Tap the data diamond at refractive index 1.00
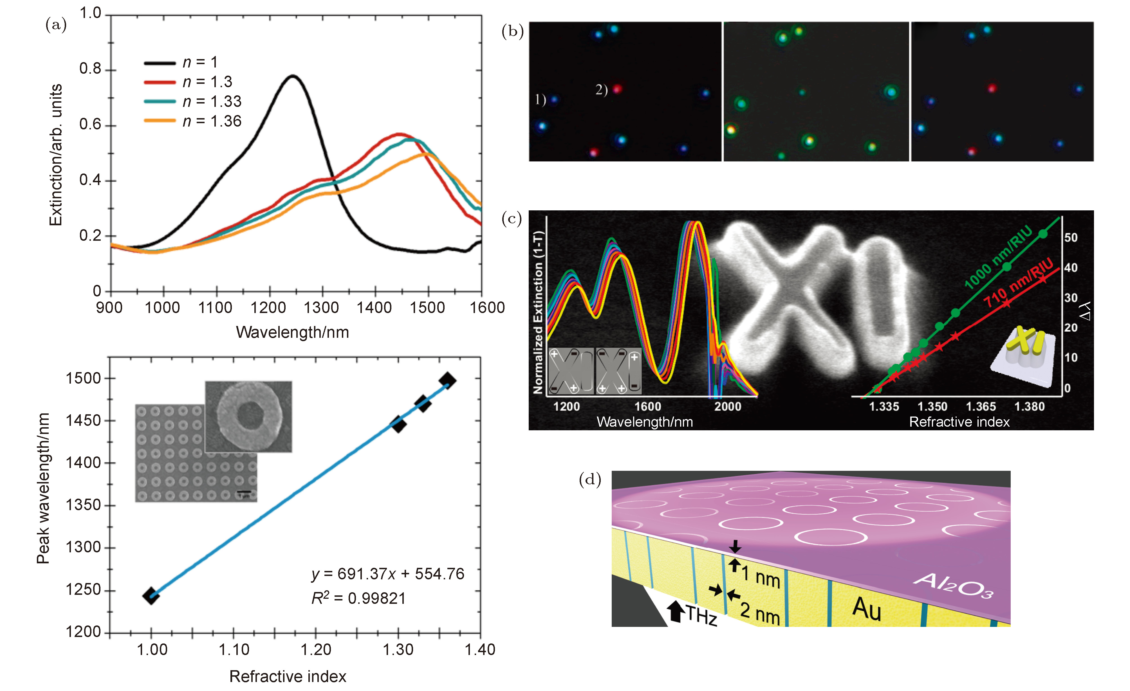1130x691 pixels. click(151, 596)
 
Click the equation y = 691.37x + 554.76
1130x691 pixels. click(387, 574)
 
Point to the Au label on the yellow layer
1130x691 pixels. click(866, 609)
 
